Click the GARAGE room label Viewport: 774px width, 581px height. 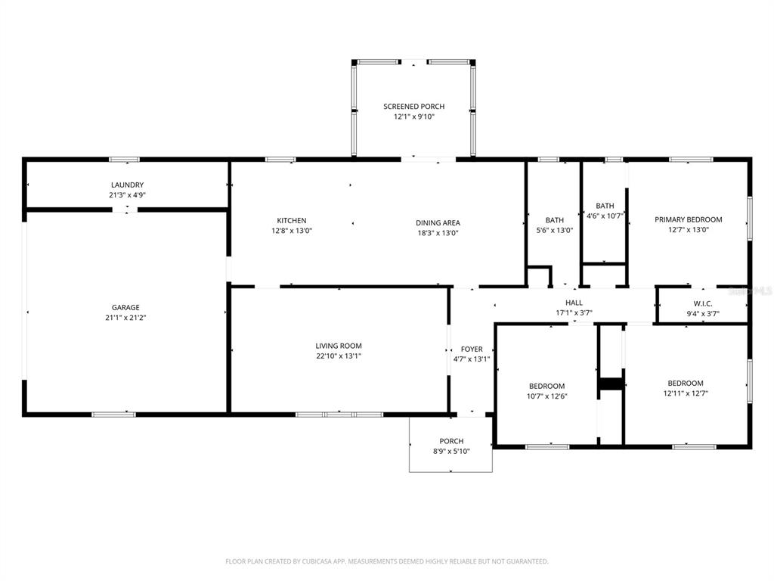point(126,308)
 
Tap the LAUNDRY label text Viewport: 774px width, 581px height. point(127,185)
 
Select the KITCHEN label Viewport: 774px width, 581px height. point(292,221)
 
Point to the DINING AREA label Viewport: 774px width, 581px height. point(438,223)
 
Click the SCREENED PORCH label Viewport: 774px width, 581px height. point(413,107)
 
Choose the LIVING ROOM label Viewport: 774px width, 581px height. point(339,346)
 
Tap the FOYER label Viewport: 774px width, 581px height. point(472,350)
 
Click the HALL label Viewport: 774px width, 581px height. point(574,303)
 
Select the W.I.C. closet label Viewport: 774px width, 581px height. point(703,303)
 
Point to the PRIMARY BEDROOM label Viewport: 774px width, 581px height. point(688,220)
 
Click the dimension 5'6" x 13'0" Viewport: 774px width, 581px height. point(555,231)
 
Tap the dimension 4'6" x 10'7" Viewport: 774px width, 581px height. point(605,216)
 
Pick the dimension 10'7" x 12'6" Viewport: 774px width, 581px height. point(546,396)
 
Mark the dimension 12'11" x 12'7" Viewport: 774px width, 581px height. point(685,393)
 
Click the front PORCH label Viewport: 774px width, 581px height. point(451,441)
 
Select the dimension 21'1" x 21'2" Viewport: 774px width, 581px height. point(126,318)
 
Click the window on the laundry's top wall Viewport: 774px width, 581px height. point(125,160)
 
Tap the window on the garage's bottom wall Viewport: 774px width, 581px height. point(114,414)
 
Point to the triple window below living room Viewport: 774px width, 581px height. point(339,415)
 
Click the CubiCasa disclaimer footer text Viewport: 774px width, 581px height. point(387,561)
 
